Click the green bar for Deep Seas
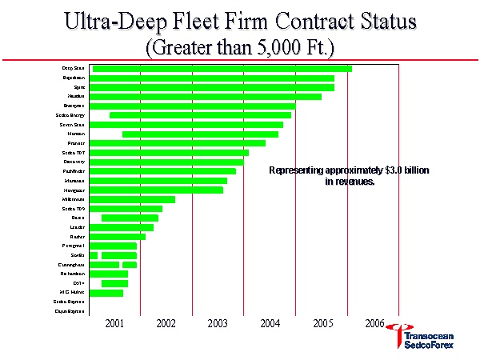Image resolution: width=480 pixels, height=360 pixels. (222, 69)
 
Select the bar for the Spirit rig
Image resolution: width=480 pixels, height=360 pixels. (211, 87)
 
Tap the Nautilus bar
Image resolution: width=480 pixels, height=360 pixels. (205, 97)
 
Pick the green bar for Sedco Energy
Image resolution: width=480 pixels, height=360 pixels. (200, 115)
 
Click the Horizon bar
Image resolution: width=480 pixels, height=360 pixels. (200, 134)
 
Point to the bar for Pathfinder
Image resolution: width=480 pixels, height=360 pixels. (162, 171)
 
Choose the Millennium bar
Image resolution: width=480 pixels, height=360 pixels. (132, 199)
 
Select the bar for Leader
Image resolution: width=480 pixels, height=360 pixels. (121, 227)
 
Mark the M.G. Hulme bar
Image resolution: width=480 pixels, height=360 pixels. (106, 293)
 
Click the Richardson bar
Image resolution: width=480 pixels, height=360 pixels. (108, 274)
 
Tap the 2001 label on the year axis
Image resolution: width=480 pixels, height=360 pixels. (114, 323)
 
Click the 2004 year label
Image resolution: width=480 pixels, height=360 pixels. (270, 323)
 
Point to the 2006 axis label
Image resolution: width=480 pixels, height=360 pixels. (374, 323)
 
